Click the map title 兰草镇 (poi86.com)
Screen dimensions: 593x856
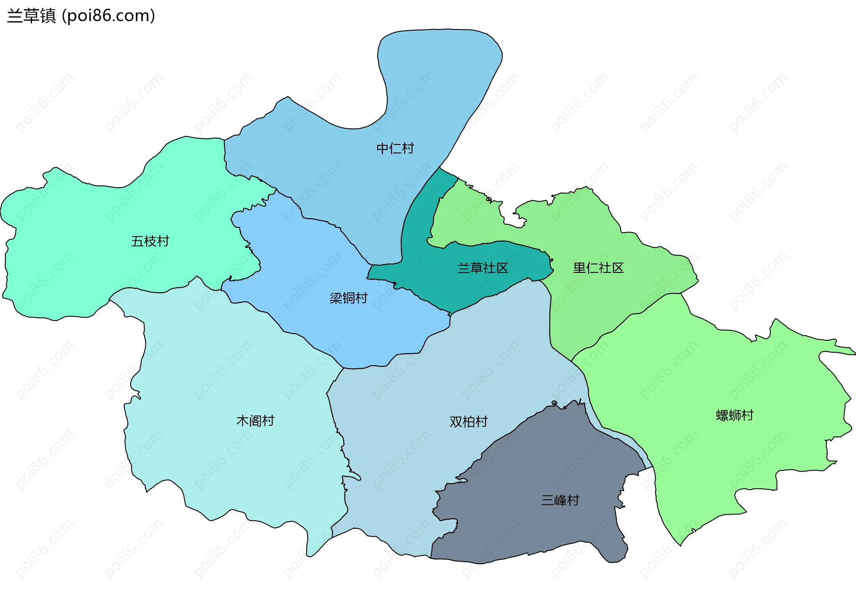point(81,16)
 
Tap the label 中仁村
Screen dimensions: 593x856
point(395,148)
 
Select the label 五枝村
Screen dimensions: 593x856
point(150,241)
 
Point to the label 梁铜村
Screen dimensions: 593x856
point(348,298)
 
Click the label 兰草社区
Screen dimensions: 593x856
point(482,268)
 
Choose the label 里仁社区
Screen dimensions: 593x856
point(598,268)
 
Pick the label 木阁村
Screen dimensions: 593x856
point(255,420)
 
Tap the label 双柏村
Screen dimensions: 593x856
point(468,421)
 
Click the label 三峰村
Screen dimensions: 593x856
point(560,500)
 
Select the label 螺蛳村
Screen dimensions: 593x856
point(734,415)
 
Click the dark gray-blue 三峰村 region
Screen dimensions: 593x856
point(535,526)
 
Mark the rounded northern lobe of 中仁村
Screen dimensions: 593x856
point(439,58)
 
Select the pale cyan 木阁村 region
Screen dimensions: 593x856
point(223,459)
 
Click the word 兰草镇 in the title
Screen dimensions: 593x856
point(31,16)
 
